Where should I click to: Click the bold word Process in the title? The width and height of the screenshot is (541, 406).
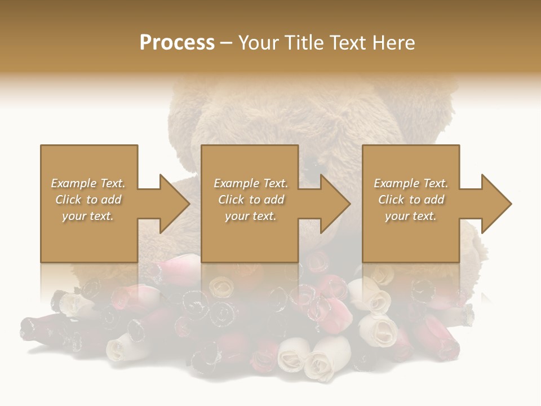[177, 43]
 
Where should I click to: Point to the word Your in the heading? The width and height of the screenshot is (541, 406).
[260, 43]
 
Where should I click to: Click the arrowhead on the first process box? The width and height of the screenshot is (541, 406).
[174, 204]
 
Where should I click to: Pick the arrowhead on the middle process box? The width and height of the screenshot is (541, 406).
[335, 204]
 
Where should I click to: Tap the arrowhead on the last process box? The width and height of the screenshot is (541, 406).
[496, 204]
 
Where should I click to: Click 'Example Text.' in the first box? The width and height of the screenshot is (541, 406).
[88, 183]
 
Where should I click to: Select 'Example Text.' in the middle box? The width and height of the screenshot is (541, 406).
[251, 183]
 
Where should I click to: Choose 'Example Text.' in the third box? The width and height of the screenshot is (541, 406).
[411, 183]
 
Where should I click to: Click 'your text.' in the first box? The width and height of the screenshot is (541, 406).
[88, 216]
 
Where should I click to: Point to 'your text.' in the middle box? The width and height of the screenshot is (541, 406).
[251, 216]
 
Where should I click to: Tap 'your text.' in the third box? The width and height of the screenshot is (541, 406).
[411, 216]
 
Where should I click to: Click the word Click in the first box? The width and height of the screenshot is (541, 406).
[68, 200]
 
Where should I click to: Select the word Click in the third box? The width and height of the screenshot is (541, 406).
[391, 200]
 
